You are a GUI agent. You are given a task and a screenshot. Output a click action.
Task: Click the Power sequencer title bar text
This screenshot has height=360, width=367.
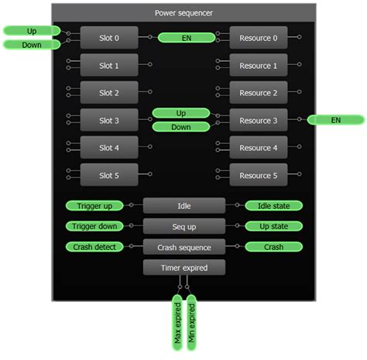[183, 12]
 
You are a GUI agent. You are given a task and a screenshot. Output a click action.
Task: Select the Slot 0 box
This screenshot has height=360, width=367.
[109, 37]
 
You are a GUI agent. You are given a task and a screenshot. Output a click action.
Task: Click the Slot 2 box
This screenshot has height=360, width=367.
[109, 93]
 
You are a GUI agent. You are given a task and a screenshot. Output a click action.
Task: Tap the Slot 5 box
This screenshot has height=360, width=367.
[109, 176]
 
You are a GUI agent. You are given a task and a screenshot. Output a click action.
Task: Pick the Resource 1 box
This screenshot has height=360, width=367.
[258, 66]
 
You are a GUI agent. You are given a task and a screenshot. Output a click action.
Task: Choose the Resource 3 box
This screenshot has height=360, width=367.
[258, 121]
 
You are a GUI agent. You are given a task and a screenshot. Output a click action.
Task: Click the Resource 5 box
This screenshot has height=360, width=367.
[258, 176]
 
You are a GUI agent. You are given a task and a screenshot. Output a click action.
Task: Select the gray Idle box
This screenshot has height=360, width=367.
[183, 206]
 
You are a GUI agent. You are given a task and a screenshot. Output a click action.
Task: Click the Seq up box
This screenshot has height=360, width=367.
[183, 226]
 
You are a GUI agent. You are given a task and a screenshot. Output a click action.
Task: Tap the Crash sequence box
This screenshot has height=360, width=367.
[183, 247]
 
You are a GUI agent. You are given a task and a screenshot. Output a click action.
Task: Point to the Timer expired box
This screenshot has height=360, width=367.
[183, 268]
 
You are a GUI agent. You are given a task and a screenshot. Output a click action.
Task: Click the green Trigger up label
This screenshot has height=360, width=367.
[94, 206]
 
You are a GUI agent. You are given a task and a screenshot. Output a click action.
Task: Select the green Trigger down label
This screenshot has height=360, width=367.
[94, 226]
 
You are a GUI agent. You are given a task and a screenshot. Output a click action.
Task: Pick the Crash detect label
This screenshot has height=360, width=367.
[94, 247]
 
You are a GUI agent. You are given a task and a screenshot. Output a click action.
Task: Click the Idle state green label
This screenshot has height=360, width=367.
[273, 206]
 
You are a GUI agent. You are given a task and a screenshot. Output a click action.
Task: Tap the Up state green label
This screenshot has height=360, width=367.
[273, 226]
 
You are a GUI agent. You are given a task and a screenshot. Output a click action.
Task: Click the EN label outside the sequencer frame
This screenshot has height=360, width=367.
[335, 120]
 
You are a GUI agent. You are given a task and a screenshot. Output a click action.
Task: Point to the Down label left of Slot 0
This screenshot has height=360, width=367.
[32, 44]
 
